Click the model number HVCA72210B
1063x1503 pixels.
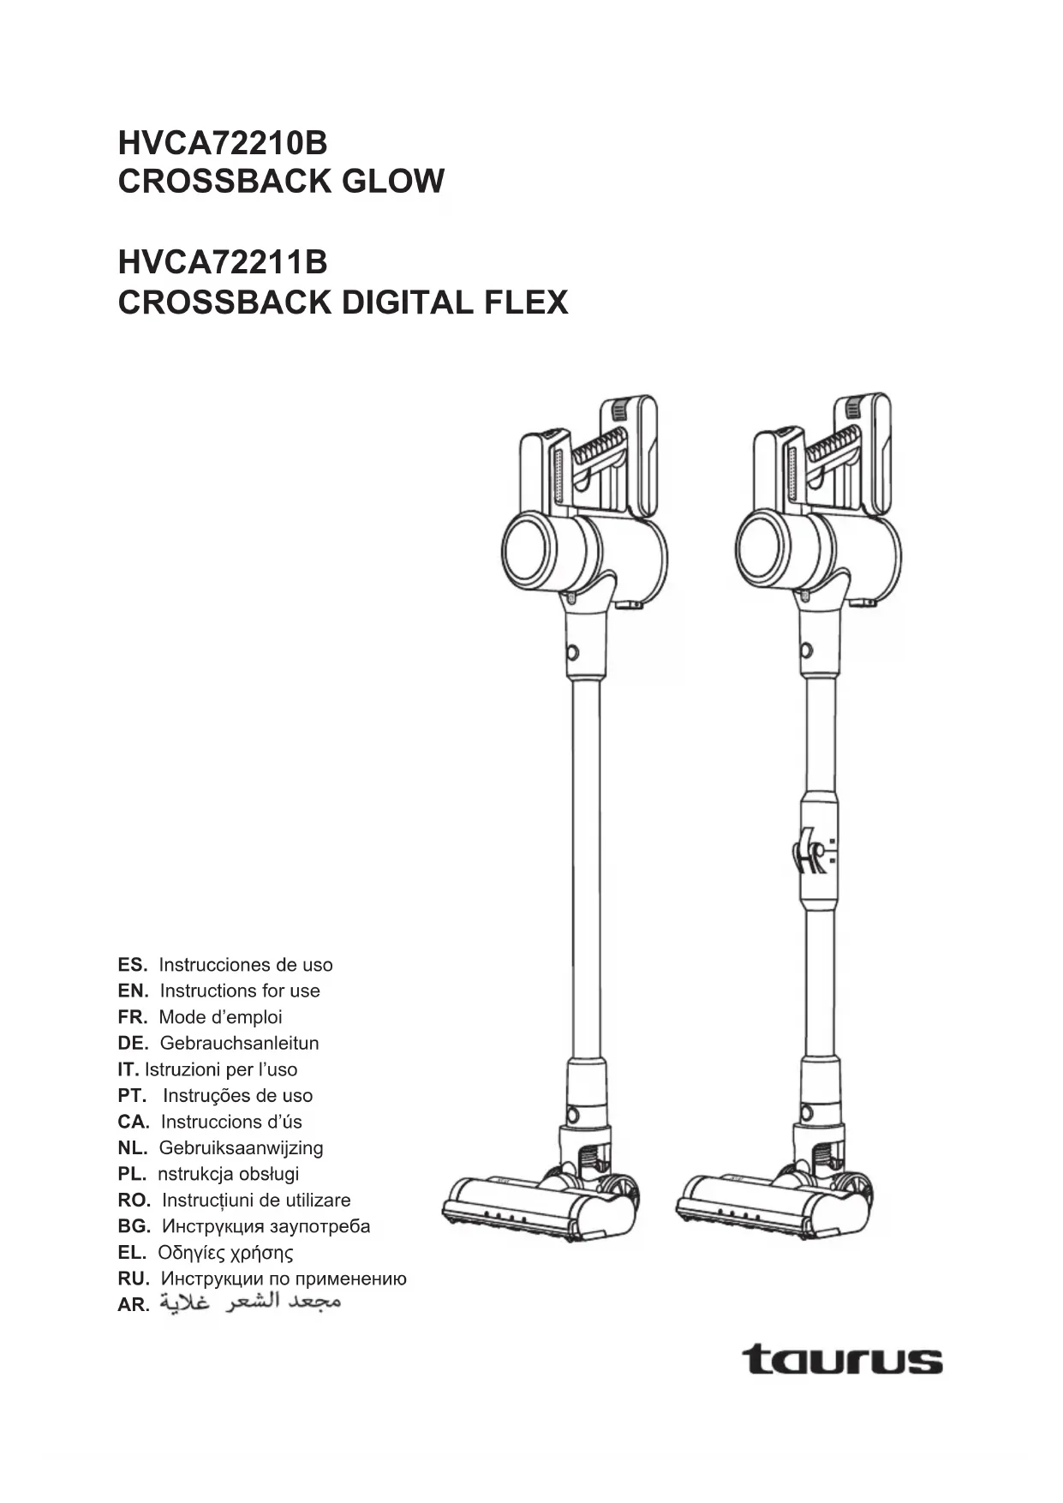(x=223, y=142)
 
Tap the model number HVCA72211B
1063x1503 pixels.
(x=223, y=262)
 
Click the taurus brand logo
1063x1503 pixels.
(x=842, y=1360)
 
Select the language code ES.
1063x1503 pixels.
(x=133, y=965)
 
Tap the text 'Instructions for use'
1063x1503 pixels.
(x=240, y=991)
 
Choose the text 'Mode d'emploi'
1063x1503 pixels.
(x=220, y=1018)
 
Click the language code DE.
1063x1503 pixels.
(x=133, y=1044)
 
